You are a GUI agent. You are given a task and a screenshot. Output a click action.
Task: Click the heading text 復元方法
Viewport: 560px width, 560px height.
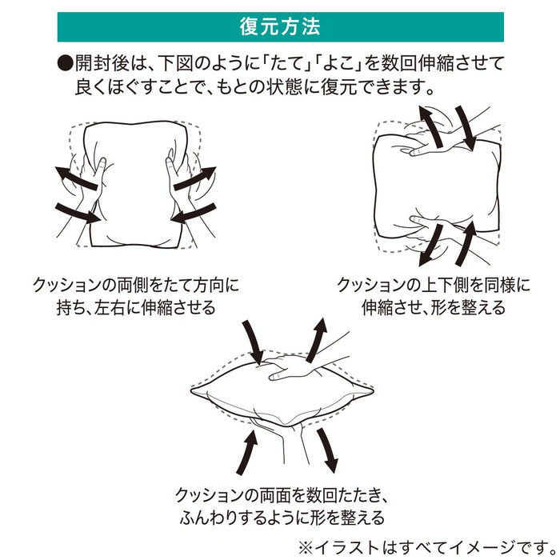tap(280, 27)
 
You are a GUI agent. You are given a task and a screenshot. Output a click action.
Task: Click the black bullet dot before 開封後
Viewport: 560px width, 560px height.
tap(66, 63)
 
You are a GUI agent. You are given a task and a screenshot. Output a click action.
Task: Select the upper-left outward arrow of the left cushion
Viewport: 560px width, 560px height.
tap(76, 178)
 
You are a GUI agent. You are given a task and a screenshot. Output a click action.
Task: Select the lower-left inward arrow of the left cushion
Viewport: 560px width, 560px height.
tap(78, 214)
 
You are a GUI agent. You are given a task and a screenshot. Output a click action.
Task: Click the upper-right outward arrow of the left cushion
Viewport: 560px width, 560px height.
tap(195, 178)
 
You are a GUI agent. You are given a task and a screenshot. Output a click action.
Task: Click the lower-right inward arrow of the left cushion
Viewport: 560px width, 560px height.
tap(194, 213)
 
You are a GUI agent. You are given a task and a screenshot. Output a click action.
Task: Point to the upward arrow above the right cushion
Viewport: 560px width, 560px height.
tap(431, 126)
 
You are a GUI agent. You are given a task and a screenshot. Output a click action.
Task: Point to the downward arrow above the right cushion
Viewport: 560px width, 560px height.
tap(466, 127)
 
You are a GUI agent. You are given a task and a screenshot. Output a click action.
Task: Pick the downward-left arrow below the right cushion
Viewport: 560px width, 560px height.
tap(431, 245)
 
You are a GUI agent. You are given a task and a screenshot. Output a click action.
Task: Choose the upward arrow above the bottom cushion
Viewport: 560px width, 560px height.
tap(317, 340)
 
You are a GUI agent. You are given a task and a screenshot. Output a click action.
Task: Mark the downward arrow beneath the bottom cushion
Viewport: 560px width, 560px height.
tap(327, 450)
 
